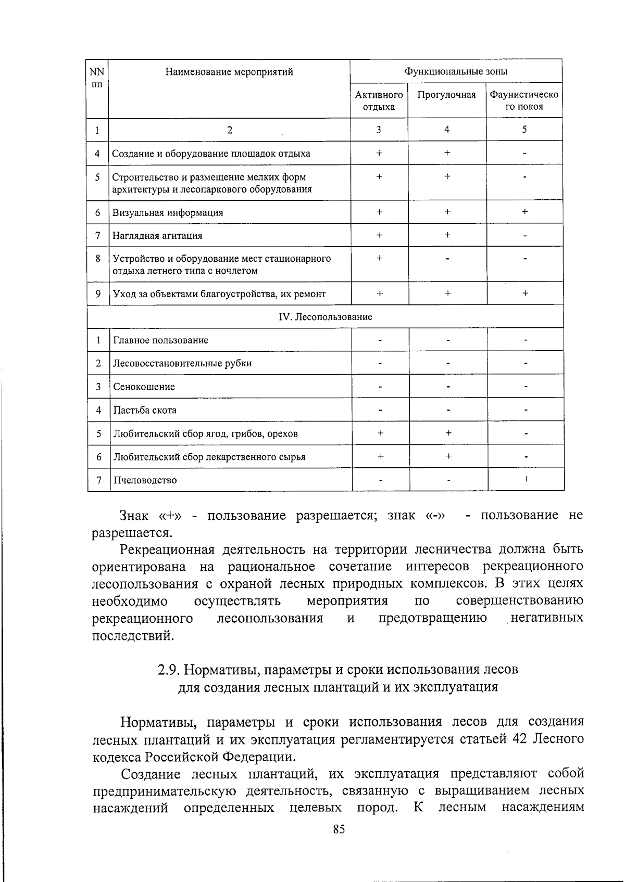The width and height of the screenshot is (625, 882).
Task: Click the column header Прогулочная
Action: click(447, 95)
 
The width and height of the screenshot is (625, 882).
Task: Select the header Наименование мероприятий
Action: click(229, 72)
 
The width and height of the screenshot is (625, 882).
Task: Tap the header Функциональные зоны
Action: click(456, 72)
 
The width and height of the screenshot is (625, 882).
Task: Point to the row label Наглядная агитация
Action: click(158, 236)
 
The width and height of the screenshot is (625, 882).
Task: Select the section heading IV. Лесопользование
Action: click(326, 316)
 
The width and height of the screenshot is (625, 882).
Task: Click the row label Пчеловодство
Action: click(145, 480)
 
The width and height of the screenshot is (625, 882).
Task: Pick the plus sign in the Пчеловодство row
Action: click(526, 479)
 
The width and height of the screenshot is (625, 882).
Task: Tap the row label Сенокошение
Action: click(144, 387)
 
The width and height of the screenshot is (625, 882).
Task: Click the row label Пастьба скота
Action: click(145, 410)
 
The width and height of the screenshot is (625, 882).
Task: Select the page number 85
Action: click(339, 829)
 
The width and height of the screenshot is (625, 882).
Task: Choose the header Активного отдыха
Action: click(379, 101)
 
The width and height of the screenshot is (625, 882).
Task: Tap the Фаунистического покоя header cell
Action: click(524, 101)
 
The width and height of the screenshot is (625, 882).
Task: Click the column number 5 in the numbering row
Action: click(524, 130)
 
